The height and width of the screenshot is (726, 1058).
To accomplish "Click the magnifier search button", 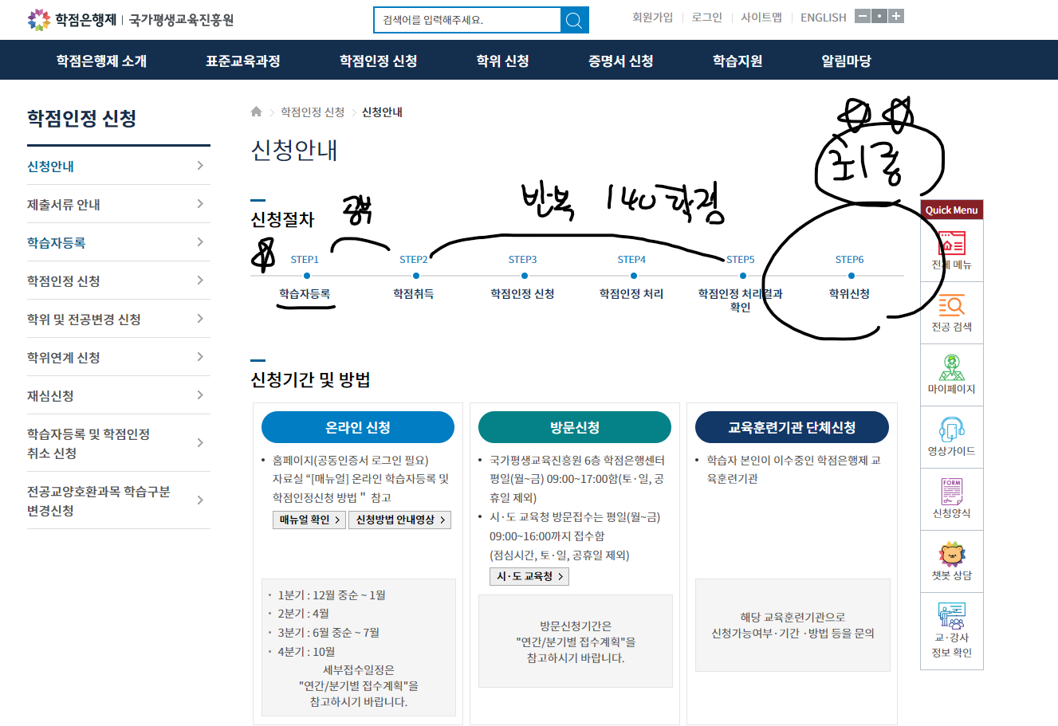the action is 574,20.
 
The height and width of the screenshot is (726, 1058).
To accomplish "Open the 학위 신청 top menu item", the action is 502,61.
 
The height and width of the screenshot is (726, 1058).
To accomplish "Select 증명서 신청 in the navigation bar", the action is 620,61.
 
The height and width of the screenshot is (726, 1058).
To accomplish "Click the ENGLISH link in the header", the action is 823,18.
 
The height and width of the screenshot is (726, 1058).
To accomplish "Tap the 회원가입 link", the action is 652,18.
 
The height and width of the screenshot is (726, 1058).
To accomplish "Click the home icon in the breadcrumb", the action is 256,112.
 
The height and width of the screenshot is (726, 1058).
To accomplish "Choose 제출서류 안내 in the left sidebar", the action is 64,205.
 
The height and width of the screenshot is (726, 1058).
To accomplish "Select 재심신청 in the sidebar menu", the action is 50,396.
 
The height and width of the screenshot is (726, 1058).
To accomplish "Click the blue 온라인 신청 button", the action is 357,427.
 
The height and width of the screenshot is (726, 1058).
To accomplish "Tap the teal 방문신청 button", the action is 574,427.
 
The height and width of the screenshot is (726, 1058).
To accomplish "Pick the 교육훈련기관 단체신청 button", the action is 792,427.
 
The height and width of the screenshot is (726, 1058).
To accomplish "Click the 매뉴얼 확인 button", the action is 309,520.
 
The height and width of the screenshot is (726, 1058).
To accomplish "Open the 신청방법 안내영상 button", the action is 400,520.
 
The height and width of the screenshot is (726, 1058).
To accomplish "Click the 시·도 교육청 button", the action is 529,576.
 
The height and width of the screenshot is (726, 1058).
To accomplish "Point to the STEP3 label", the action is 522,260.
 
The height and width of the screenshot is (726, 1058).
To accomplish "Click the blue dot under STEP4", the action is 631,276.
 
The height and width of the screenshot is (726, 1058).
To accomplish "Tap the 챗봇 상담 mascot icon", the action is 951,554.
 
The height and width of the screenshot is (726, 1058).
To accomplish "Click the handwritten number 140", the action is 631,198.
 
